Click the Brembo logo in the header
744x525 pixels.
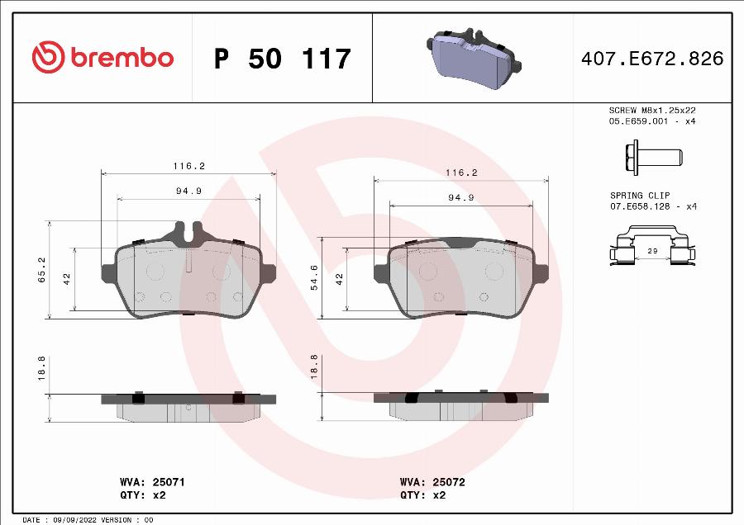103,58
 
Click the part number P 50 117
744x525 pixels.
282,59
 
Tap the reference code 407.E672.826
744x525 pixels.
652,59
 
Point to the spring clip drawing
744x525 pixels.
651,248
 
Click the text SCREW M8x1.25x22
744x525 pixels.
651,110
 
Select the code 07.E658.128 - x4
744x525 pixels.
653,206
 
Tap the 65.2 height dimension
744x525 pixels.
41,269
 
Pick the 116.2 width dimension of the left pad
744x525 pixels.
188,166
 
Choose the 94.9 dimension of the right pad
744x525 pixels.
460,197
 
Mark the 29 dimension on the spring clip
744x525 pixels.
651,249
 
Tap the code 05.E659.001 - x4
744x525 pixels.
651,121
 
